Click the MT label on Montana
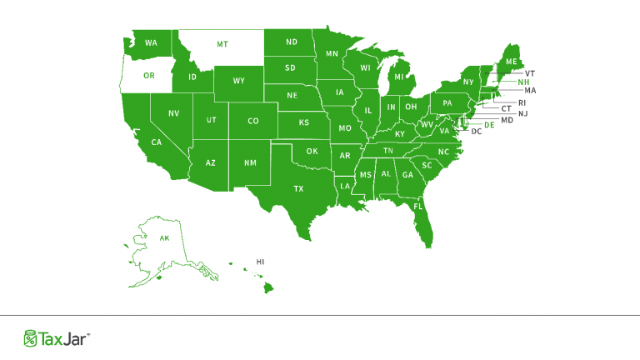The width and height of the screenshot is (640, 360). pos(222,43)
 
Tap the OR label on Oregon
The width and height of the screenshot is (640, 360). pos(149,76)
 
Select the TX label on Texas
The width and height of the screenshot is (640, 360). pos(298,189)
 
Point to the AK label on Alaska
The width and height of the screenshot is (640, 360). pos(164,238)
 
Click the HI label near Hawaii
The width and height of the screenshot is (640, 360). pos(260,261)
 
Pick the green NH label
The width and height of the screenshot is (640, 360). pos(523,82)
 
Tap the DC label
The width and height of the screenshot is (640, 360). pos(477,132)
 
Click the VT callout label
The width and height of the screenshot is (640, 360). pos(530,72)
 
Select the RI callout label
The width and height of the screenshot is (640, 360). pos(522,102)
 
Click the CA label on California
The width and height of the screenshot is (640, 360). pos(156,142)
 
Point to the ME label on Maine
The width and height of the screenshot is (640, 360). pos(511,62)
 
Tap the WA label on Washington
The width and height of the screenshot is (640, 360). pos(151,42)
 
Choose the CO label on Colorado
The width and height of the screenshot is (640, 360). pos(253,122)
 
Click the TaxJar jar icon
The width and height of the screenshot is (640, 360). pos(30,337)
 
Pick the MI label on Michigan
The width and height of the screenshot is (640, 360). pos(399,78)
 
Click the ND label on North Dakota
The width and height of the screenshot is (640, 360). pos(292,42)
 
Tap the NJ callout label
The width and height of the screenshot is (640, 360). pos(522,113)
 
